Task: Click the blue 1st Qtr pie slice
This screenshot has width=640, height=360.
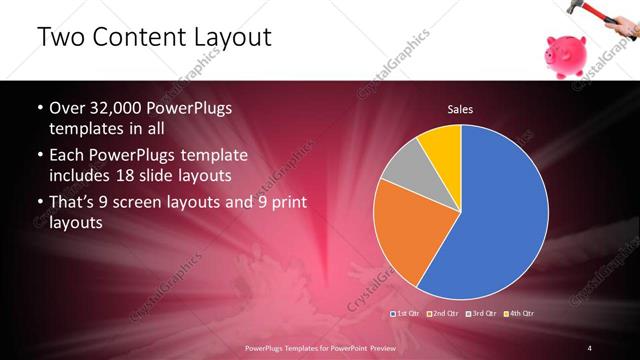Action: (x=500, y=220)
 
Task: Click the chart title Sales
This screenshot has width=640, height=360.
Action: (x=460, y=109)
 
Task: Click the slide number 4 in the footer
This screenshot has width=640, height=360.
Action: (x=590, y=347)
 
